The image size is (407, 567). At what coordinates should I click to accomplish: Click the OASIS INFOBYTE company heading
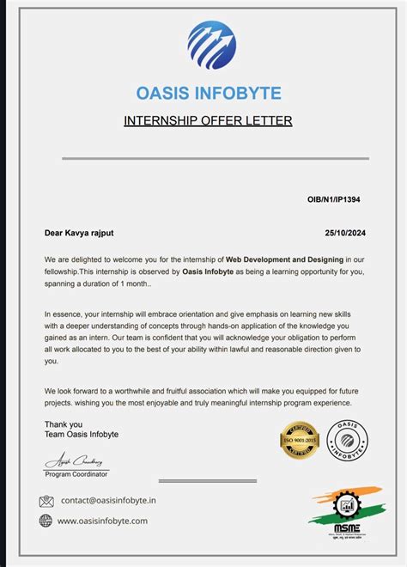(x=209, y=93)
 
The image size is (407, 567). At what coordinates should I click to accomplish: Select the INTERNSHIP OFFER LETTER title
(x=209, y=120)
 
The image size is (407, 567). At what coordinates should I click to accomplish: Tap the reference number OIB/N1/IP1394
(x=333, y=199)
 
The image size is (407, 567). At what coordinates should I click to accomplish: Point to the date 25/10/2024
(x=343, y=232)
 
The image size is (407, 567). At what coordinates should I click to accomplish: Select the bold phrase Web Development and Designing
(x=285, y=259)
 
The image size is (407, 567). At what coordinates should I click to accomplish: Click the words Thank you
(x=64, y=424)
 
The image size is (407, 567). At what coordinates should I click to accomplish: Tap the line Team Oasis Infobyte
(x=82, y=435)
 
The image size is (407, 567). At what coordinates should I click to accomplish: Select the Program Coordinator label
(x=76, y=474)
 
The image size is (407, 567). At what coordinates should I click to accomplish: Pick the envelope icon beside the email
(x=46, y=501)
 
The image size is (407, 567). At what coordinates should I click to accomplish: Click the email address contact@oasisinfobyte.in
(x=107, y=500)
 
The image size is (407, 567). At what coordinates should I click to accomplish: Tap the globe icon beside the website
(x=46, y=521)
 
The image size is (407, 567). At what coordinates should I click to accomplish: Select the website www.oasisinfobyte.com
(x=103, y=521)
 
